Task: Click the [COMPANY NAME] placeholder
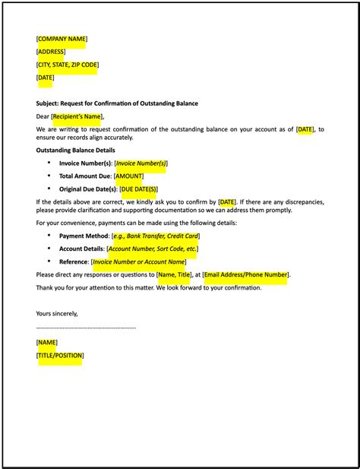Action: [62, 39]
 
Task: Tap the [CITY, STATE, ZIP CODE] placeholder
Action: [68, 65]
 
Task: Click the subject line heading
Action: [117, 103]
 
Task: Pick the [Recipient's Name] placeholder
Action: [77, 116]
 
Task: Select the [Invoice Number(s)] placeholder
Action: [141, 163]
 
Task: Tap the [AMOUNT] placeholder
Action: [128, 176]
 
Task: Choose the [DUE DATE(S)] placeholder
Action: [138, 189]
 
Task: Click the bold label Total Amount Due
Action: [85, 176]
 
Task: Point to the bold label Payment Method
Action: [84, 236]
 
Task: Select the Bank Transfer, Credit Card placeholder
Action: [156, 236]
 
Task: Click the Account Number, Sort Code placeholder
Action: [153, 249]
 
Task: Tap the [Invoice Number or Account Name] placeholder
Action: [138, 261]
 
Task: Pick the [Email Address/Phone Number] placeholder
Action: [245, 274]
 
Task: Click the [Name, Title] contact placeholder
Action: [174, 274]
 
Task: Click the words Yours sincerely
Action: [57, 313]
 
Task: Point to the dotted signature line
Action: [86, 328]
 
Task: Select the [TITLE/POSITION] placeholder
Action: [60, 355]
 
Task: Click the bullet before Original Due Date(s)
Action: [49, 189]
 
